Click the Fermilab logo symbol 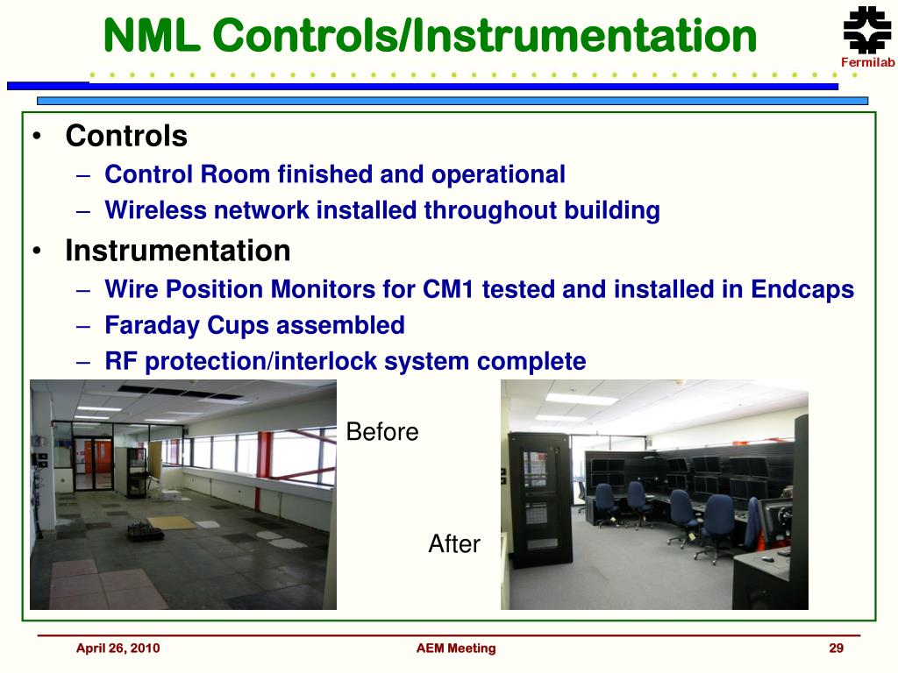click(867, 30)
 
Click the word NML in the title click(152, 35)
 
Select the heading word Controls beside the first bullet click(126, 136)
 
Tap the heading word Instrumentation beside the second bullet click(177, 251)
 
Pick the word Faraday click(153, 326)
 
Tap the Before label click(382, 432)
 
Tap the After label click(454, 543)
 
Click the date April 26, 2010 click(118, 648)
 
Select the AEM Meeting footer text click(456, 648)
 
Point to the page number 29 click(836, 648)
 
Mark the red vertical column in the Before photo click(261, 471)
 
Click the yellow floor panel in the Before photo click(172, 522)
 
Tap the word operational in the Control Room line click(498, 175)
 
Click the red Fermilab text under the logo click(867, 62)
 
